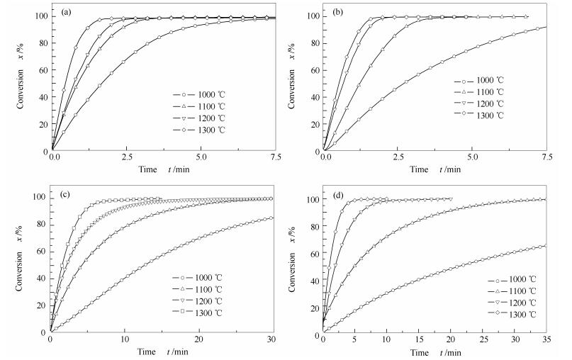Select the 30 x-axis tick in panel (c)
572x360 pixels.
pos(272,340)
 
